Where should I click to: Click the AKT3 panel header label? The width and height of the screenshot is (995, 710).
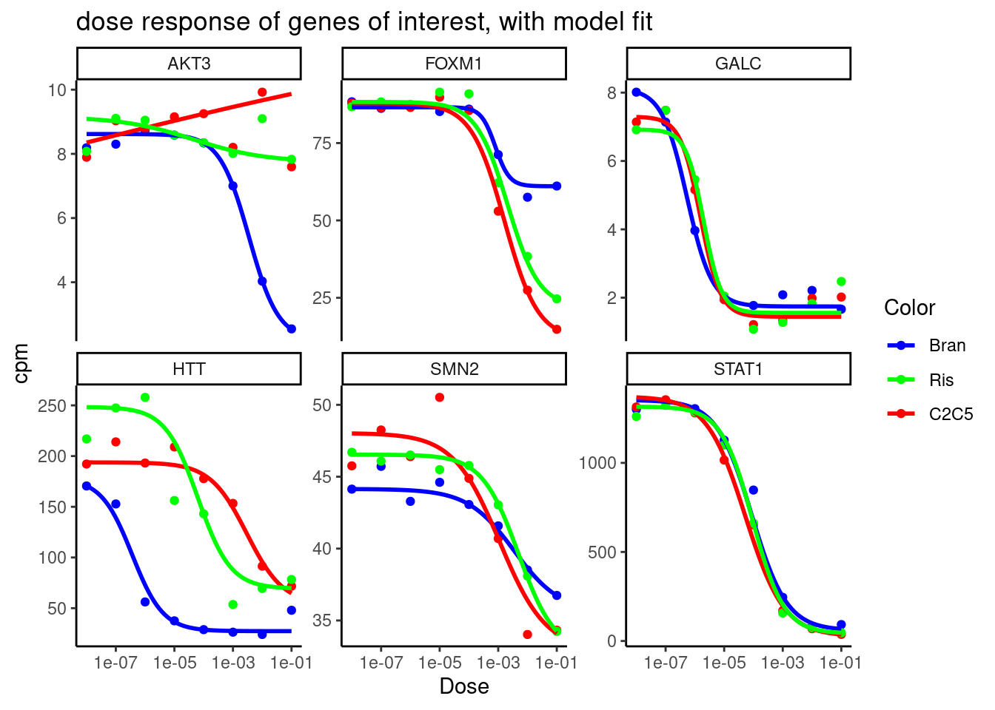click(189, 64)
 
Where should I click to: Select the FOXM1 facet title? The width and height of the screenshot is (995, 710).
click(454, 64)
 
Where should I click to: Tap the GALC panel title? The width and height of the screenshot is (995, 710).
click(738, 64)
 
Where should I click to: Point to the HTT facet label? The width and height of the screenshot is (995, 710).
click(189, 369)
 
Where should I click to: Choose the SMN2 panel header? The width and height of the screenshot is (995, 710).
click(454, 369)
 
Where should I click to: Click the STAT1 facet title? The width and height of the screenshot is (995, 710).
click(738, 369)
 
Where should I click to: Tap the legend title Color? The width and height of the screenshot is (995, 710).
click(909, 308)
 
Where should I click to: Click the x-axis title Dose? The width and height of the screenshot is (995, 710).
click(464, 686)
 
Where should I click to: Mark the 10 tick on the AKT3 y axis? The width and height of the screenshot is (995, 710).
click(57, 90)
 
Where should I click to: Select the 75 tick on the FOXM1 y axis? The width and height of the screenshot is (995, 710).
click(322, 143)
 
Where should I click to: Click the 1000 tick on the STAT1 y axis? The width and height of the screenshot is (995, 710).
click(597, 463)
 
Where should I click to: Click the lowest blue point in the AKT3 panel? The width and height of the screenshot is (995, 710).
click(292, 329)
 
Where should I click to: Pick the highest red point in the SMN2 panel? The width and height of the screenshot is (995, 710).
click(440, 397)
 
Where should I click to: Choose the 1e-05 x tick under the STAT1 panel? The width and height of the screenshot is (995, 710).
click(723, 663)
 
